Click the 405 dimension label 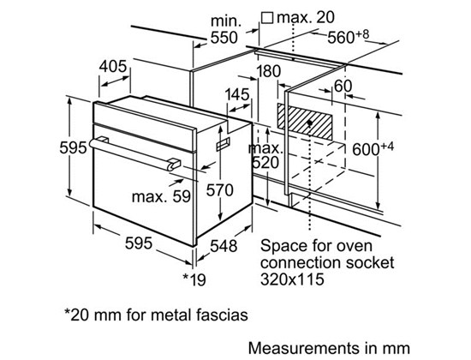pyautogui.click(x=113, y=67)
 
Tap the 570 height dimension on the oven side pyautogui.click(x=219, y=190)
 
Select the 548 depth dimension pyautogui.click(x=224, y=246)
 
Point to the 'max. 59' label pyautogui.click(x=161, y=196)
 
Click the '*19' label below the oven pyautogui.click(x=194, y=279)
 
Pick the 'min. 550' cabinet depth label pyautogui.click(x=224, y=29)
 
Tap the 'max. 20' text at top pyautogui.click(x=305, y=17)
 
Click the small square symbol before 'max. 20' pyautogui.click(x=266, y=18)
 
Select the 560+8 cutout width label pyautogui.click(x=348, y=37)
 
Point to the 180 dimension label pyautogui.click(x=268, y=72)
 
